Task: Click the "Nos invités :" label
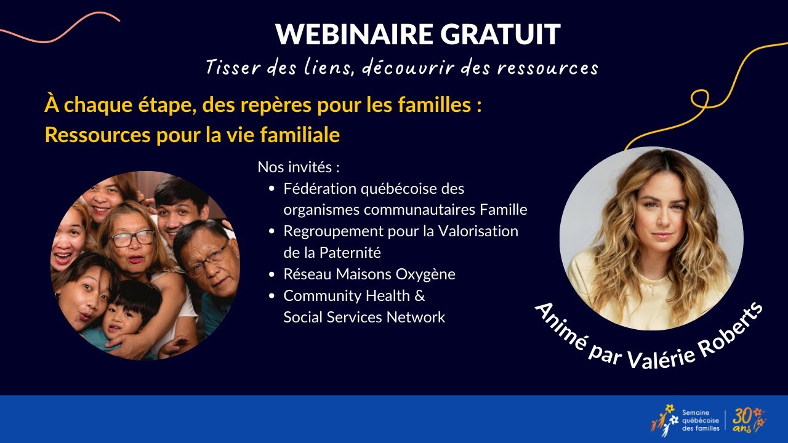click(x=299, y=167)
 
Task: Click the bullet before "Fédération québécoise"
click(x=273, y=188)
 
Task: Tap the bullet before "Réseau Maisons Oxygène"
click(x=273, y=274)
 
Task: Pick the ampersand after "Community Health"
click(x=419, y=296)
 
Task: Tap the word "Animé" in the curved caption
click(x=557, y=325)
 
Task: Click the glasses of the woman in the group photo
click(x=132, y=238)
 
